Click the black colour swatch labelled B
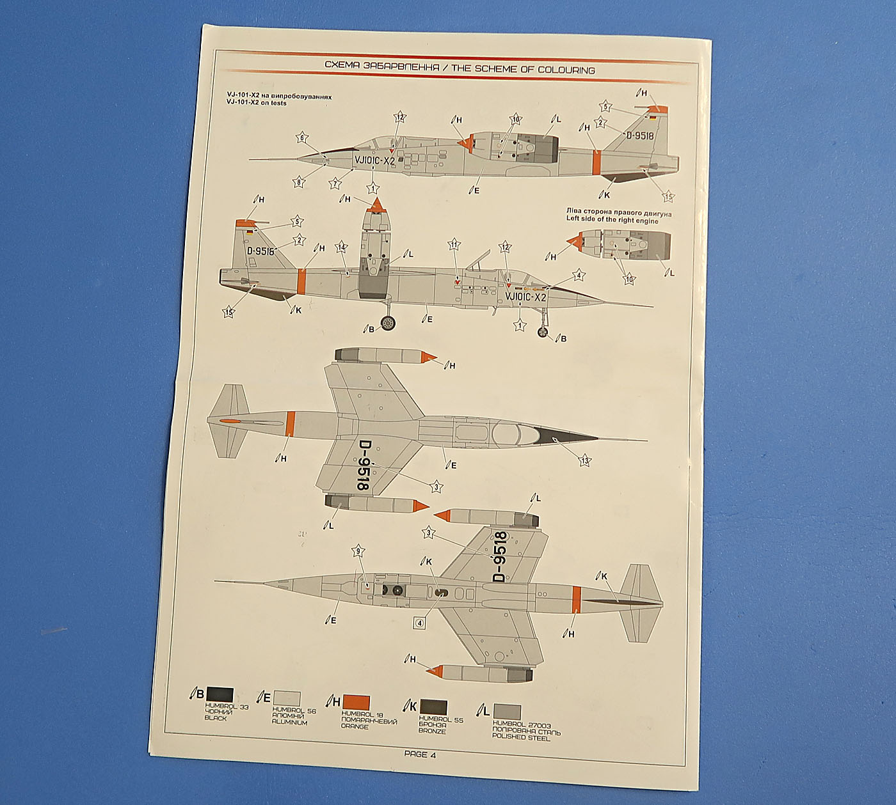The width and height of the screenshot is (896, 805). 219,695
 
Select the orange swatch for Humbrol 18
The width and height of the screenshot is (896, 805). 356,701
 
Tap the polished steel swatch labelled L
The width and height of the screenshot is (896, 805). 506,712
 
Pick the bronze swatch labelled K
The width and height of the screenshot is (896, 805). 433,707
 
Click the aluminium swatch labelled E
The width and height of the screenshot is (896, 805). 286,698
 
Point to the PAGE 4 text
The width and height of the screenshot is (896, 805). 420,754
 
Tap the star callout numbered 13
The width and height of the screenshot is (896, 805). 584,460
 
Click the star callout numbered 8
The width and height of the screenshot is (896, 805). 299,182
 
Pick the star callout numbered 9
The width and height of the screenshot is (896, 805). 359,551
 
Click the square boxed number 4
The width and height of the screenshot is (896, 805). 420,621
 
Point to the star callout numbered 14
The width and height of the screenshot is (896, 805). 342,247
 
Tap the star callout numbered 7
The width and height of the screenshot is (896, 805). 335,184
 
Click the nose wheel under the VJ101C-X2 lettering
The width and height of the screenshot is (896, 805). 543,332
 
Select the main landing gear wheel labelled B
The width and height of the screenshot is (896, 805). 388,324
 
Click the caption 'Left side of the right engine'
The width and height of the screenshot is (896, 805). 612,221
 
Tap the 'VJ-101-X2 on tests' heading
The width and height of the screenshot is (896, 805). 257,103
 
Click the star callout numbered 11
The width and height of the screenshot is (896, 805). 454,245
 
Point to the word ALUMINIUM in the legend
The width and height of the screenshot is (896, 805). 289,723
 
